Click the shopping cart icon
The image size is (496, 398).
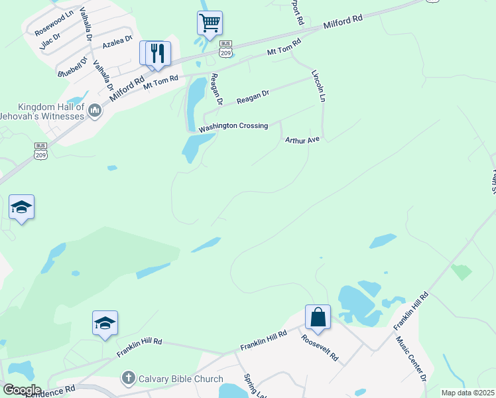click(x=210, y=23)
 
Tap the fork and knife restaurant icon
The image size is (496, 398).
click(x=157, y=53)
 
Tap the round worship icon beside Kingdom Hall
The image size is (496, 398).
click(x=94, y=111)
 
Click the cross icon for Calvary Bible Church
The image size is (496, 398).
click(x=128, y=379)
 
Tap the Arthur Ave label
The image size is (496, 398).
click(x=302, y=141)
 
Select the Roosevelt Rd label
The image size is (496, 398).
click(x=320, y=347)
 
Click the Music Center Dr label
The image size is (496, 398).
click(x=411, y=359)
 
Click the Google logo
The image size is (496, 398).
click(x=21, y=390)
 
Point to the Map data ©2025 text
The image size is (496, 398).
click(x=467, y=393)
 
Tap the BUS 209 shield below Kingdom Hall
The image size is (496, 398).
click(x=41, y=150)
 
